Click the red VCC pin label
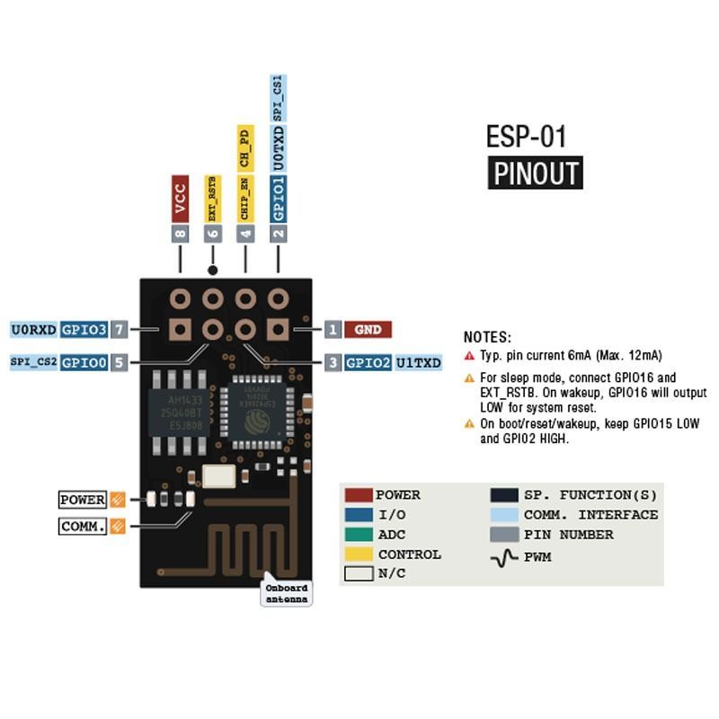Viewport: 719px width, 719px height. (180, 198)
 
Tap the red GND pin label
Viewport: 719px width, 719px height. (368, 330)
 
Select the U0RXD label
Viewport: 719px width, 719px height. (34, 330)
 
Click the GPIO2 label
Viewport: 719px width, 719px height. (368, 363)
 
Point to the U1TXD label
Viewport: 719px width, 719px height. (419, 363)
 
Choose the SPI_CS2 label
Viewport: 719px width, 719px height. (34, 363)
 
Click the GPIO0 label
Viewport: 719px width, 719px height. (84, 363)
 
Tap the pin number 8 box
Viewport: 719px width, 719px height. (180, 233)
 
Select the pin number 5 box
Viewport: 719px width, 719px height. (120, 363)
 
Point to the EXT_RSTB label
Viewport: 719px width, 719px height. (212, 199)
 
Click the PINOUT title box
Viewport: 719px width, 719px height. (536, 173)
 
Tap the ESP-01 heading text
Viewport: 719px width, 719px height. (527, 136)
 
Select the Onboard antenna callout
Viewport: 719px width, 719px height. (287, 593)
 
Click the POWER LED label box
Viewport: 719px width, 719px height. (83, 500)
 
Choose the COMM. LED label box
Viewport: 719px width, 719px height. (83, 527)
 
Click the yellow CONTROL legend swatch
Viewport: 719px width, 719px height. (359, 555)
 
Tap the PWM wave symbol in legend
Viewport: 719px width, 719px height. (504, 557)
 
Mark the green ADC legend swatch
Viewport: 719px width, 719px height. (359, 535)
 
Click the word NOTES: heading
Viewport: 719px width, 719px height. (487, 338)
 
